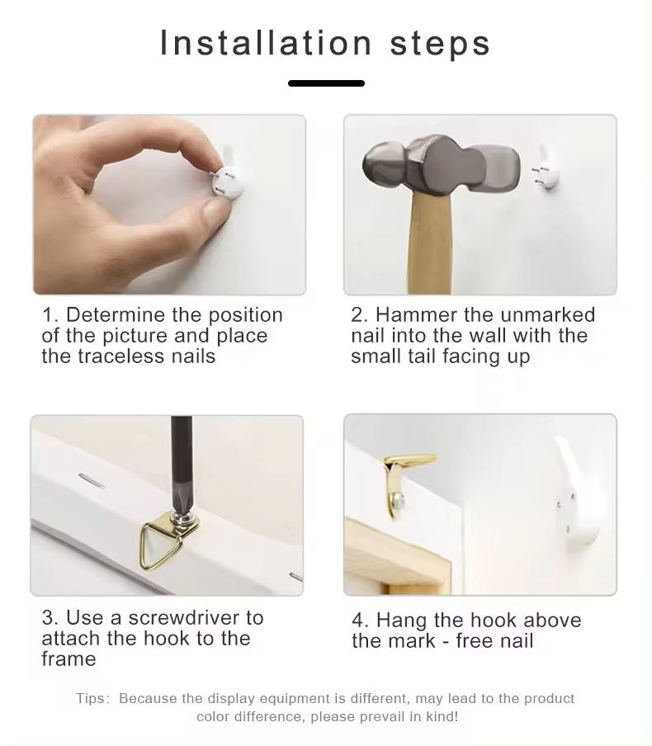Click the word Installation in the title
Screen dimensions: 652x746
coord(266,43)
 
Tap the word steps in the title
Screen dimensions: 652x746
coord(440,45)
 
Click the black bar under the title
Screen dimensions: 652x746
coord(326,83)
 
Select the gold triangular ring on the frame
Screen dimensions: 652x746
coord(159,545)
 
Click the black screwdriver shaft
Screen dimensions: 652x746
coord(182,461)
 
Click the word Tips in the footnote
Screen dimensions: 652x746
coord(91,698)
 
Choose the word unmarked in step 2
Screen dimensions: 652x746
coord(547,314)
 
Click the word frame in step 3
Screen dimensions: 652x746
coord(69,659)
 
